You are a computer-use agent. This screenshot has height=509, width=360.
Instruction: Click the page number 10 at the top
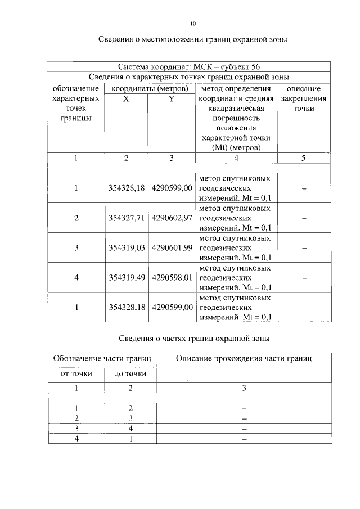[x=193, y=24]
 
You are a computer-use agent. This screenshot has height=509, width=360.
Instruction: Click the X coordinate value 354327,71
[x=127, y=218]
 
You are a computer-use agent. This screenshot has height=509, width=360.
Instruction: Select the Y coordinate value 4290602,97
[x=172, y=218]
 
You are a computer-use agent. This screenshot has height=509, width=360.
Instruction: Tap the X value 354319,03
[x=127, y=247]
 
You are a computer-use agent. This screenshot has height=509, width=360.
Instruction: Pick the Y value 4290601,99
[x=172, y=247]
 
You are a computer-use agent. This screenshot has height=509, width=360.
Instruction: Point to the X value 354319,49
[x=127, y=277]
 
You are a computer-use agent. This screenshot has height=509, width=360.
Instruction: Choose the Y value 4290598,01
[x=172, y=277]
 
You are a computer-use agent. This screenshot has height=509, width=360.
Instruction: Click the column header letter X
[x=126, y=98]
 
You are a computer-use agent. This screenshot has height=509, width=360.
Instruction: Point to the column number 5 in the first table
[x=303, y=158]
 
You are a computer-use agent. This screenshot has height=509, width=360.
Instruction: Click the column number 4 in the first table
[x=235, y=158]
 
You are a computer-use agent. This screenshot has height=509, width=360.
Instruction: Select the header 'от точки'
[x=76, y=373]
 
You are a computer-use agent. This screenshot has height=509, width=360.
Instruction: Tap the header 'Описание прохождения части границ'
[x=244, y=358]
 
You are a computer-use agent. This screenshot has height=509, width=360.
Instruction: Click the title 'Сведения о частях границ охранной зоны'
[x=195, y=339]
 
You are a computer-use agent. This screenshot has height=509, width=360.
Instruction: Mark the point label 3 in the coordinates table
[x=76, y=247]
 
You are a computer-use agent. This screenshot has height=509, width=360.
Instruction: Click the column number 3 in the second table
[x=244, y=388]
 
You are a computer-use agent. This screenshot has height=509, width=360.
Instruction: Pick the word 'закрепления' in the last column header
[x=303, y=98]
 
